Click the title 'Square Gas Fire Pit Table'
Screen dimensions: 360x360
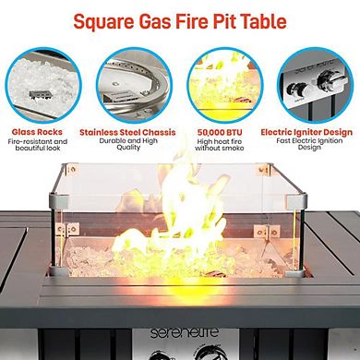pyautogui.click(x=180, y=19)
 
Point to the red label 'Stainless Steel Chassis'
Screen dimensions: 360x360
pyautogui.click(x=135, y=132)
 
